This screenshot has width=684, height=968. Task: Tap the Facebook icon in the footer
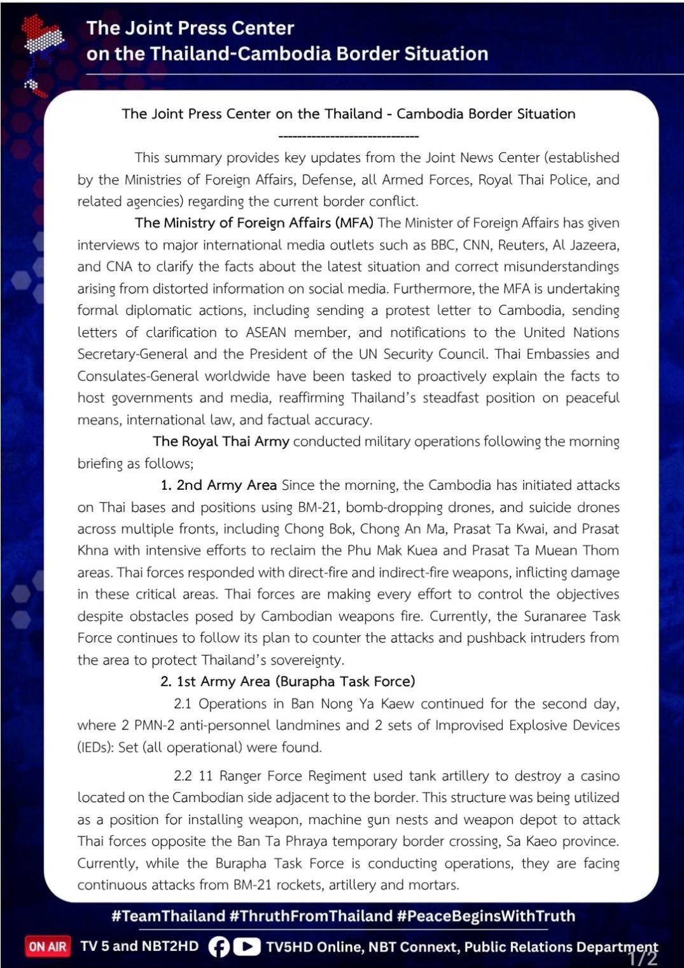[x=218, y=947]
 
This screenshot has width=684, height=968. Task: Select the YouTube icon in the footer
[x=246, y=947]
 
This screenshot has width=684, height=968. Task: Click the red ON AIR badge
[x=47, y=946]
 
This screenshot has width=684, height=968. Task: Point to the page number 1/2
[x=643, y=958]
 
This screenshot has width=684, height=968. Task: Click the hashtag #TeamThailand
[x=168, y=916]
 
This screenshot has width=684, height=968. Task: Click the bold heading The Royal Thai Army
[x=221, y=441]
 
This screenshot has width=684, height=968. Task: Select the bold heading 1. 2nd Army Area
[x=218, y=485]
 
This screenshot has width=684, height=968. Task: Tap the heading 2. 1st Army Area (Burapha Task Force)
[x=288, y=682]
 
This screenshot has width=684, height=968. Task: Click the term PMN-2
[x=153, y=726]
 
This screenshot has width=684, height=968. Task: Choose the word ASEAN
[x=266, y=333]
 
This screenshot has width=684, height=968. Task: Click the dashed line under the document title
[x=349, y=136]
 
